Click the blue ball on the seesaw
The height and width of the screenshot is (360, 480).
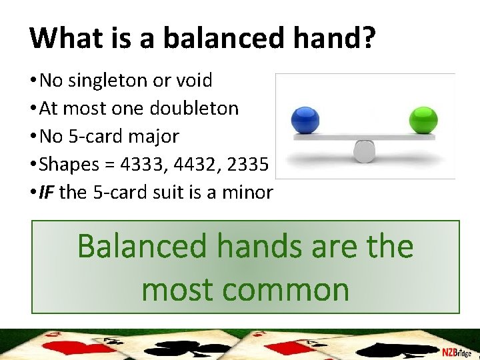click(x=307, y=120)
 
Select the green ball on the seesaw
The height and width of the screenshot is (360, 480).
click(x=423, y=121)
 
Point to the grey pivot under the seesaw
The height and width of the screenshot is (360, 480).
click(x=365, y=151)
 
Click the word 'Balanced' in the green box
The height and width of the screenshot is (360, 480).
click(x=143, y=247)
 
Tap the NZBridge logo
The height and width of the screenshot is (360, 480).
click(x=456, y=351)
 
